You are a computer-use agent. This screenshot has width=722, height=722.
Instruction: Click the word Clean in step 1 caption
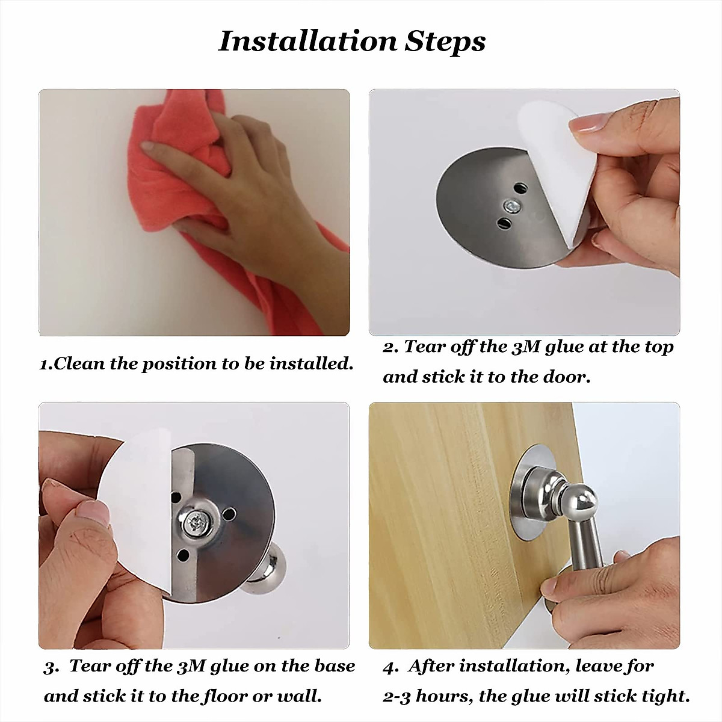[x=79, y=363]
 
